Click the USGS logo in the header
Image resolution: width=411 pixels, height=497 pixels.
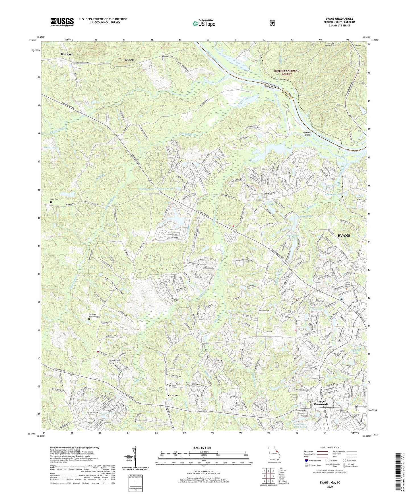pos(62,22)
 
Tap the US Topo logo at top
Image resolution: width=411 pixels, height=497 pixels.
pos(203,23)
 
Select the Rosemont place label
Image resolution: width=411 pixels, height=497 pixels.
pos(67,54)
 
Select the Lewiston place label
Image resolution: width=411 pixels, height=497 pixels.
pos(172,395)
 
